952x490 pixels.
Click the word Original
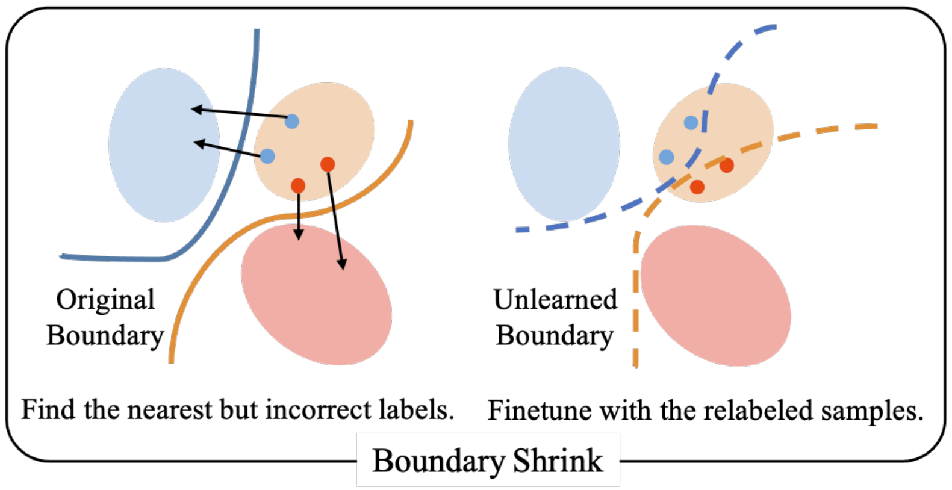pos(105,299)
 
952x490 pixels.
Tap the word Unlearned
pos(555,299)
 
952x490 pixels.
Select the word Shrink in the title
pos(558,461)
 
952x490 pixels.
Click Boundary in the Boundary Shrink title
pos(438,461)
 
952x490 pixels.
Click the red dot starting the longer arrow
pos(328,164)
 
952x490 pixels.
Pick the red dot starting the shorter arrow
pos(298,185)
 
